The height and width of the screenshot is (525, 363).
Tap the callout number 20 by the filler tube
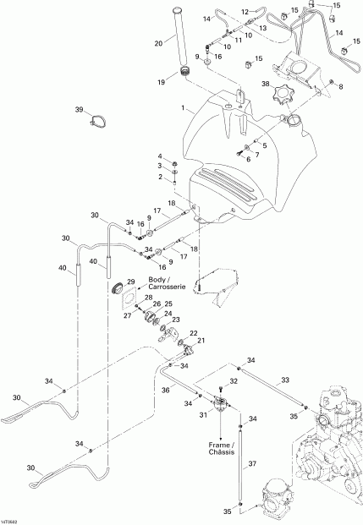click(x=158, y=43)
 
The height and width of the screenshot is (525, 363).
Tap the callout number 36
click(x=166, y=391)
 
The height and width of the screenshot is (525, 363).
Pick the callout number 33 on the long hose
click(x=285, y=380)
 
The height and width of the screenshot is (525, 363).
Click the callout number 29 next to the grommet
click(x=131, y=282)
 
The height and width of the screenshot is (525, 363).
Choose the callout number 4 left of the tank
click(x=157, y=156)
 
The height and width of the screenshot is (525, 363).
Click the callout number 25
click(x=168, y=304)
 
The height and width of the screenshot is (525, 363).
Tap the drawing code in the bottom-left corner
click(x=12, y=519)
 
